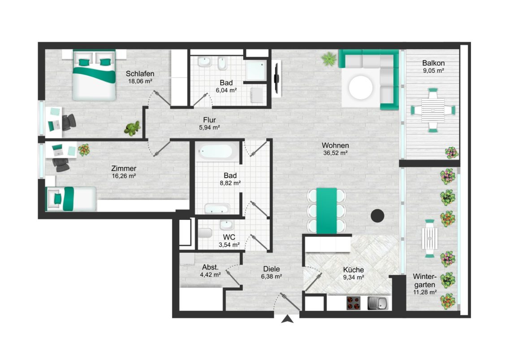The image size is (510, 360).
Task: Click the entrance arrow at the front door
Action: [x=287, y=319]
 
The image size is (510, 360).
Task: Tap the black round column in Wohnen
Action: [x=378, y=216]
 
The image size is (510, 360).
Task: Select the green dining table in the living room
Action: [x=327, y=210]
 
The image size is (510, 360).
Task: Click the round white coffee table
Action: [x=361, y=87]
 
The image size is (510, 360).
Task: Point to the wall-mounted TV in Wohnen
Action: [x=277, y=78]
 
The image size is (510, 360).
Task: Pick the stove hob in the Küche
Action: [x=353, y=303]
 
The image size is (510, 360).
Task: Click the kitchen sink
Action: [x=378, y=303]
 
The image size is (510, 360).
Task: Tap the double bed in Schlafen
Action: [x=94, y=75]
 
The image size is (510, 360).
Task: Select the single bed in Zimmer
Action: [x=72, y=198]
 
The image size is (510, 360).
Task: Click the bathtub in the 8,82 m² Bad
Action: [x=215, y=151]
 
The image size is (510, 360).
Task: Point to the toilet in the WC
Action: [x=205, y=233]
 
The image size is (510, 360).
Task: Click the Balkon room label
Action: [x=433, y=63]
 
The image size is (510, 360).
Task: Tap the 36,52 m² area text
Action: [x=335, y=153]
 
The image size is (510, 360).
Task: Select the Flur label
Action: [x=209, y=120]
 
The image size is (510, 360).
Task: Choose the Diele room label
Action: [x=271, y=269]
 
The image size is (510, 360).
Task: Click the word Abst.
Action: [x=210, y=267]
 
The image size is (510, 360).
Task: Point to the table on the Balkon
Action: [x=433, y=110]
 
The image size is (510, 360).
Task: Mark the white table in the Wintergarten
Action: [x=430, y=238]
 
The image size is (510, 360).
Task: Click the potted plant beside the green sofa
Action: [x=329, y=59]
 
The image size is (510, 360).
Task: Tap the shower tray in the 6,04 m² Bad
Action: [x=257, y=70]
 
